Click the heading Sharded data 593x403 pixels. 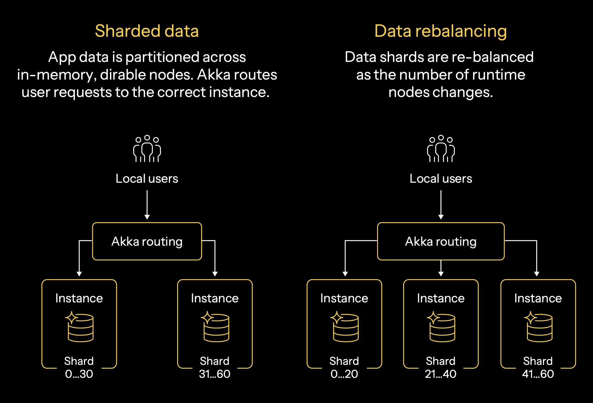(147, 31)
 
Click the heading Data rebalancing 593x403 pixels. (440, 31)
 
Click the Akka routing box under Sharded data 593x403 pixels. (147, 241)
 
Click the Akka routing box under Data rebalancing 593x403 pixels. (441, 241)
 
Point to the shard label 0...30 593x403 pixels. (79, 374)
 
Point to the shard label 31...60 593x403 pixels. (215, 374)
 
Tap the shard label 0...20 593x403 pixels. (344, 374)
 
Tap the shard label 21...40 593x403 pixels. (441, 374)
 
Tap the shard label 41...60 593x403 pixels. (538, 374)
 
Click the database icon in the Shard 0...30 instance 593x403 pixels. (80, 327)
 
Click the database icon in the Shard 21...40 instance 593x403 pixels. (442, 327)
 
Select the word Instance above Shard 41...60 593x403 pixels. (538, 298)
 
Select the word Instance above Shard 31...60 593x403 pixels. (215, 298)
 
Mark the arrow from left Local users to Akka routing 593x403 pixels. (147, 205)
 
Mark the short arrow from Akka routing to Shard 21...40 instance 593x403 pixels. (441, 268)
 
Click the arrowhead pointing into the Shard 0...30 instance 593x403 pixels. (79, 274)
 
